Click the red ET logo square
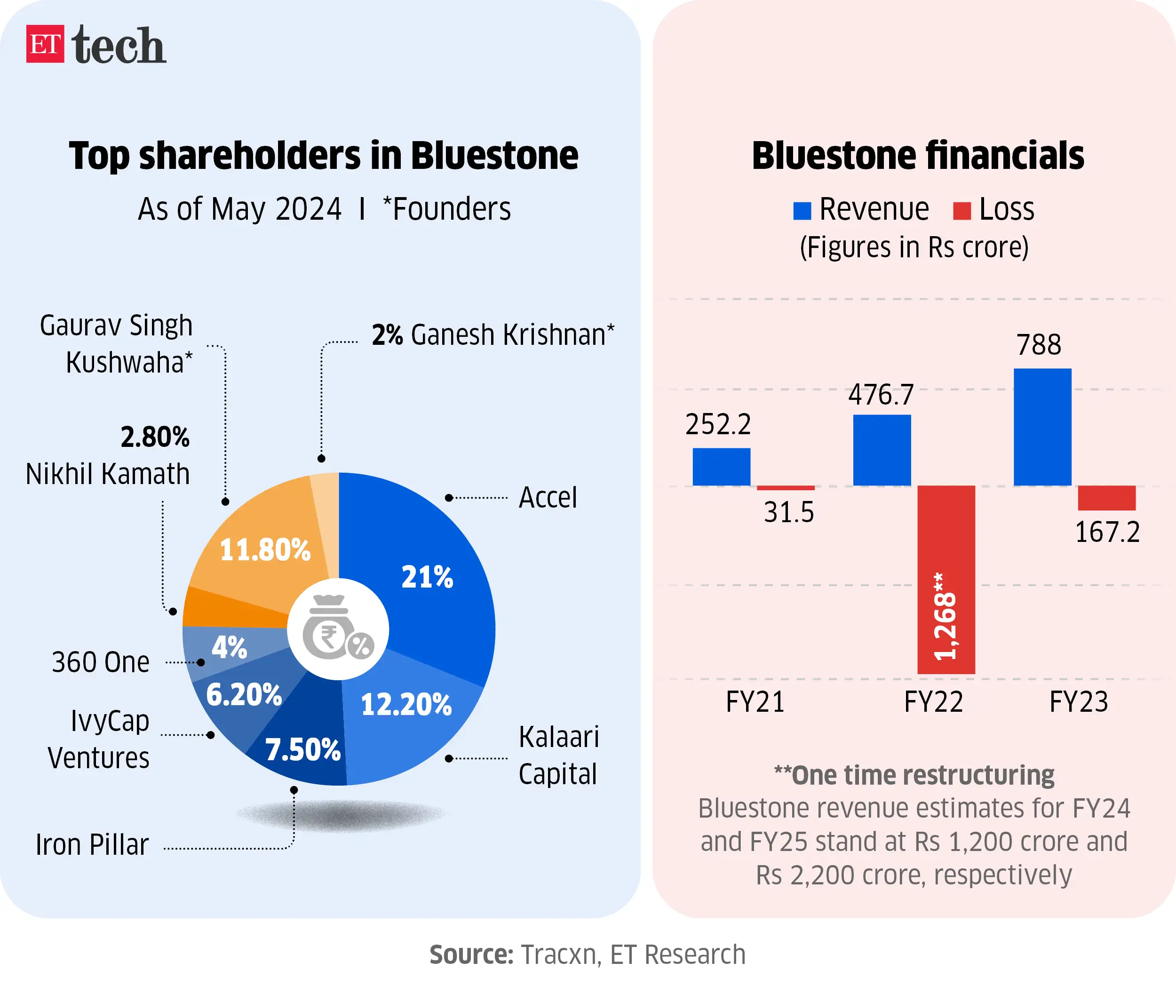click(x=45, y=44)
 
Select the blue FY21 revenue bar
click(x=721, y=466)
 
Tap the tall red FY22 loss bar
click(x=946, y=580)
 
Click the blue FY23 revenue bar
click(x=1042, y=427)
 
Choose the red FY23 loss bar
click(x=1106, y=497)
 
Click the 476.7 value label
click(x=880, y=395)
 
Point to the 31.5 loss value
click(x=788, y=512)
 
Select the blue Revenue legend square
click(x=802, y=211)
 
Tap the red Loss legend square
click(x=961, y=211)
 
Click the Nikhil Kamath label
click(x=108, y=474)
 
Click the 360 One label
click(x=101, y=662)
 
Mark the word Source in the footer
click(x=471, y=954)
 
